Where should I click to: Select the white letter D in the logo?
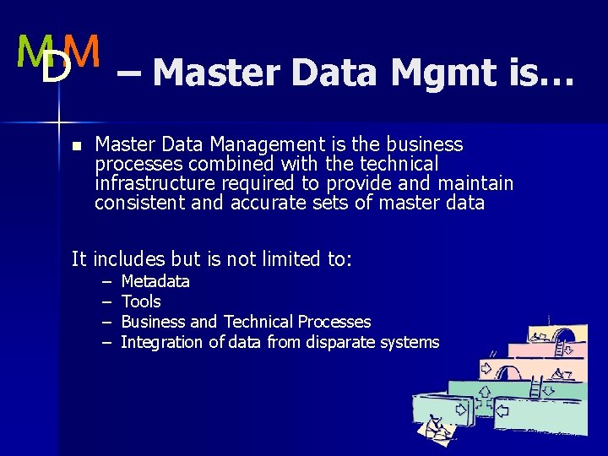pos(56,70)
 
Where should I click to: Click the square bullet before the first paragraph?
pos(76,146)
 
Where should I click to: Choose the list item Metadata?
pos(155,281)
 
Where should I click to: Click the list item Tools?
pos(141,301)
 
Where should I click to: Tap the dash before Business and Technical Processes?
pos(107,322)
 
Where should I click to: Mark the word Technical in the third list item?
pos(257,322)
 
